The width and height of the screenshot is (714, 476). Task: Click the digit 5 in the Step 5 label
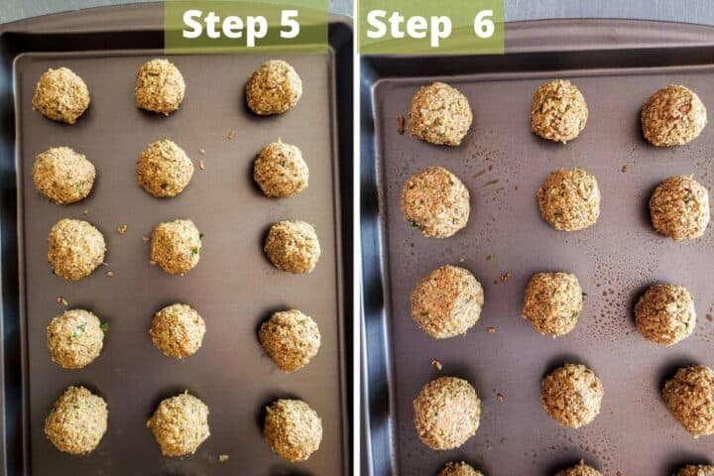[x=289, y=24]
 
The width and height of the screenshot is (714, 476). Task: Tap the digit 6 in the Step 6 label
[x=483, y=25]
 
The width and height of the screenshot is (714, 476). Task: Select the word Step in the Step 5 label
[x=223, y=24]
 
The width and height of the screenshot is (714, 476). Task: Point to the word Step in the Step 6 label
[x=406, y=25]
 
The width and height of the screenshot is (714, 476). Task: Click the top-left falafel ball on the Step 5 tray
[x=60, y=95]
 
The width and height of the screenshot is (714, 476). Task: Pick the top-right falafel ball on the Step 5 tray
[x=274, y=87]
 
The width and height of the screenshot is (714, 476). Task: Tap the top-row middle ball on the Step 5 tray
[x=160, y=86]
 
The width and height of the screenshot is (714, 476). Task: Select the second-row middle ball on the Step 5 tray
[x=165, y=168]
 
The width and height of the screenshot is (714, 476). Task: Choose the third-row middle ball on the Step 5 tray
[x=177, y=246]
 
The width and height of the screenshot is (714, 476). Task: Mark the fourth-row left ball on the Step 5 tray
[x=75, y=338]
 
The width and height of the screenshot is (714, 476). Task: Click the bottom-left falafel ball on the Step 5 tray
[x=75, y=419]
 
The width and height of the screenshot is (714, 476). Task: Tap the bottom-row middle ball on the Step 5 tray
[x=178, y=423]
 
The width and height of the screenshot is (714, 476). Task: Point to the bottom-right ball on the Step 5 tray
[x=293, y=429]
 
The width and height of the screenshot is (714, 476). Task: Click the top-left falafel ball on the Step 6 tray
[x=440, y=114]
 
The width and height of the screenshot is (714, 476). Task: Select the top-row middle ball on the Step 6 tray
[x=559, y=110]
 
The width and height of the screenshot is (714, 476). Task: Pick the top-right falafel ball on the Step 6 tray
[x=673, y=115]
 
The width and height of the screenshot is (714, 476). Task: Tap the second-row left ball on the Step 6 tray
[x=435, y=201]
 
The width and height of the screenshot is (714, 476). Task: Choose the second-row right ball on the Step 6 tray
[x=679, y=207]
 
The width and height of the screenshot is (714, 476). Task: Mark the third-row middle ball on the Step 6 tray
[x=553, y=303]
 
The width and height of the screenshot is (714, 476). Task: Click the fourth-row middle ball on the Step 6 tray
[x=572, y=395]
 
